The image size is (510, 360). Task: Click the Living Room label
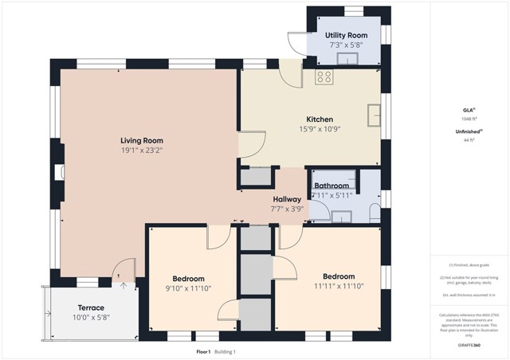(x=141, y=141)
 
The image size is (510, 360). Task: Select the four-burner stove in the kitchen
(x=324, y=77)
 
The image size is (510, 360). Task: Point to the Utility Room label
(x=345, y=36)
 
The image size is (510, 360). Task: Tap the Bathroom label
(x=331, y=186)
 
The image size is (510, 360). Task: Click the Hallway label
(x=287, y=199)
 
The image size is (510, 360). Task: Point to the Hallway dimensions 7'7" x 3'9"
(x=287, y=209)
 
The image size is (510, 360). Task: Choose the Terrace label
(x=91, y=307)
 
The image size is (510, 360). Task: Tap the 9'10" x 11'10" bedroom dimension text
(x=188, y=288)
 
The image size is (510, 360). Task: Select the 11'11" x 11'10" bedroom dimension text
(x=337, y=286)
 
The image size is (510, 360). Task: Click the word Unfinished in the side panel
(x=466, y=131)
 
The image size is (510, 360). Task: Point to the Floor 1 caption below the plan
(x=204, y=351)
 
